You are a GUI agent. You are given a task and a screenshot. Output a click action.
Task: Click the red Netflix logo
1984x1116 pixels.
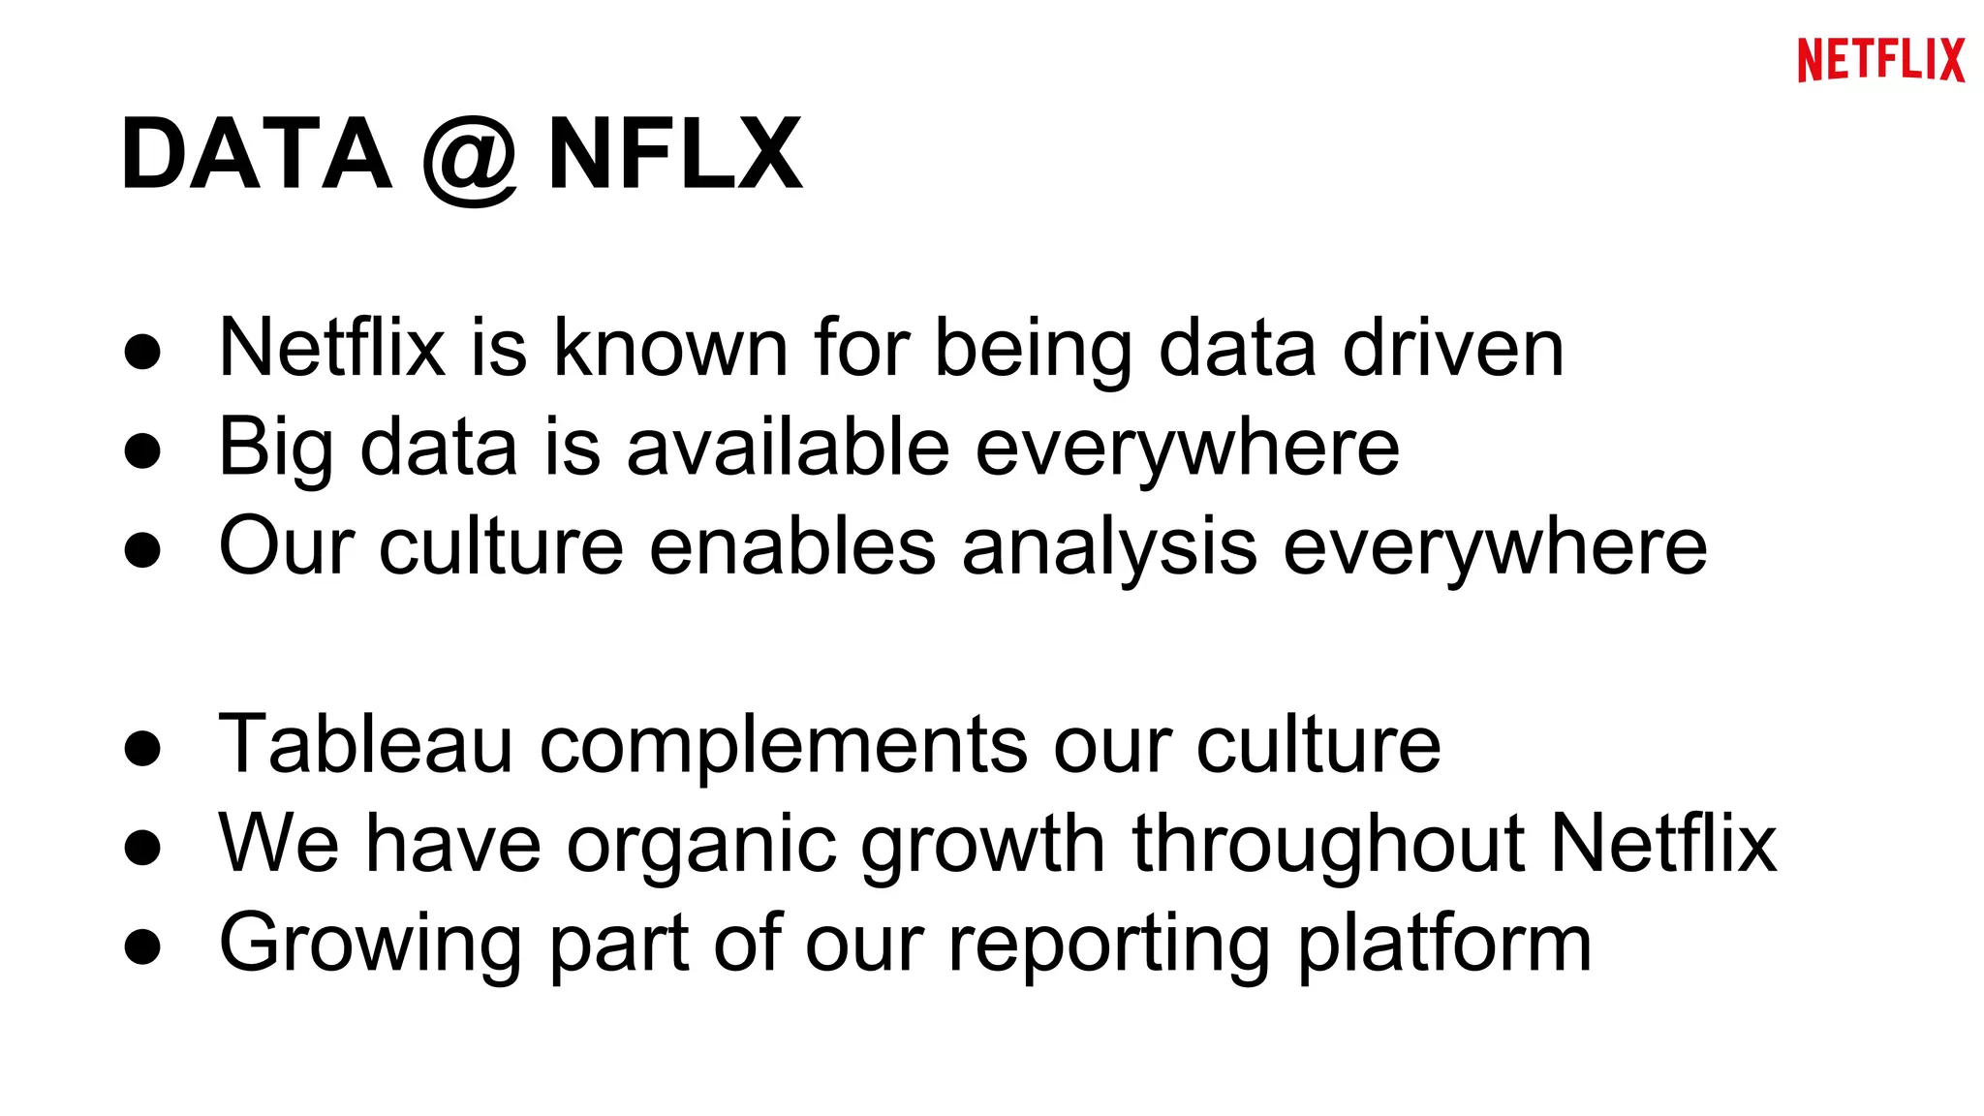1880,60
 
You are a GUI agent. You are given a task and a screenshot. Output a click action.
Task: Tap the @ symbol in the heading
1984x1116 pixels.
470,159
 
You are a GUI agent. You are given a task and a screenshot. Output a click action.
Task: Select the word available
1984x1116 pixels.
788,447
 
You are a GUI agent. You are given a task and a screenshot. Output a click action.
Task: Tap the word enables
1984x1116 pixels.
792,546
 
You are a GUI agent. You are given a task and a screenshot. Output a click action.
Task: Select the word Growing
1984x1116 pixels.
371,945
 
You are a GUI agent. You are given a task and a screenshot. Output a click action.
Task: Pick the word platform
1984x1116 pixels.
1444,945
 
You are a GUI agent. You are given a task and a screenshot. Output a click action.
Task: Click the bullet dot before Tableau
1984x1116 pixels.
142,748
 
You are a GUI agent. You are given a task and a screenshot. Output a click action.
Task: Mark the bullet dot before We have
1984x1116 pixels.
142,847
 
